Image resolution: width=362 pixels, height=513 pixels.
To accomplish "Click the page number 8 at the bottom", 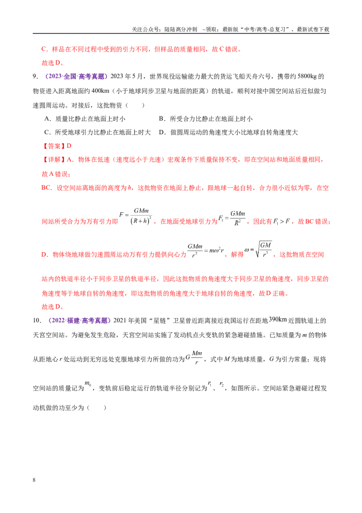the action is click(x=34, y=480).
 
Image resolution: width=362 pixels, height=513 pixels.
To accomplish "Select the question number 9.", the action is click(x=35, y=77).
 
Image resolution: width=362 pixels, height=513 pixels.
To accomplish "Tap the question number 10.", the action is click(x=37, y=321).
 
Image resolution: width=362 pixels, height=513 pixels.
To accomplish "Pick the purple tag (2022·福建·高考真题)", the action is click(x=79, y=321).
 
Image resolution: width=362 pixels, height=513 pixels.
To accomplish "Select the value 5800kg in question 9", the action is click(x=308, y=77).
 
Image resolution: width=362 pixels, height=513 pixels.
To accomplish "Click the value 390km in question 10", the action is click(x=278, y=319).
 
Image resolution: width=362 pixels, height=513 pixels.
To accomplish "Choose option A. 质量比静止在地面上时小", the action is click(x=85, y=119).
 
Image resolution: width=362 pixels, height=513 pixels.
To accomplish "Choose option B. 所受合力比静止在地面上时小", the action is click(x=206, y=119).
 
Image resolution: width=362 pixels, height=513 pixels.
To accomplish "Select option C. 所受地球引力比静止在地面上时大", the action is click(x=98, y=132).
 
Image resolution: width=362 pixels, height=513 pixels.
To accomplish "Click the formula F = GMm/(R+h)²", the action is click(x=136, y=216).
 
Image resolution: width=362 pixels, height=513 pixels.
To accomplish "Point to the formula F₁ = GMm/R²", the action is click(x=232, y=218).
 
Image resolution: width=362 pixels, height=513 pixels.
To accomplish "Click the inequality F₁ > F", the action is click(x=281, y=222).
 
